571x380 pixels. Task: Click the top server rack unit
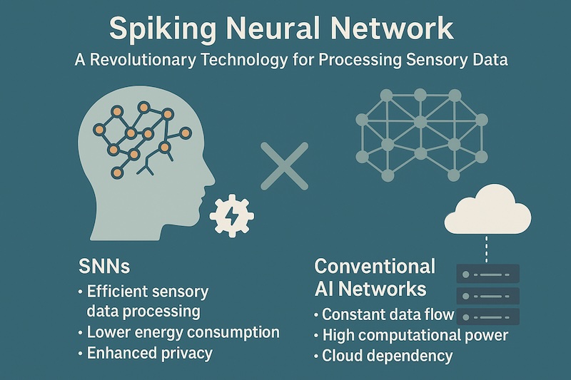pos(488,273)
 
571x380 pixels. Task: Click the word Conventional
pos(375,267)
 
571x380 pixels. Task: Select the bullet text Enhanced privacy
pos(149,353)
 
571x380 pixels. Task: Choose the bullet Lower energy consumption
pos(183,332)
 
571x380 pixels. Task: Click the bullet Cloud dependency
pos(387,356)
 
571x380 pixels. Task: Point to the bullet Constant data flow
pos(388,314)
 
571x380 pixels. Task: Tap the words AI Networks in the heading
pos(370,289)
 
